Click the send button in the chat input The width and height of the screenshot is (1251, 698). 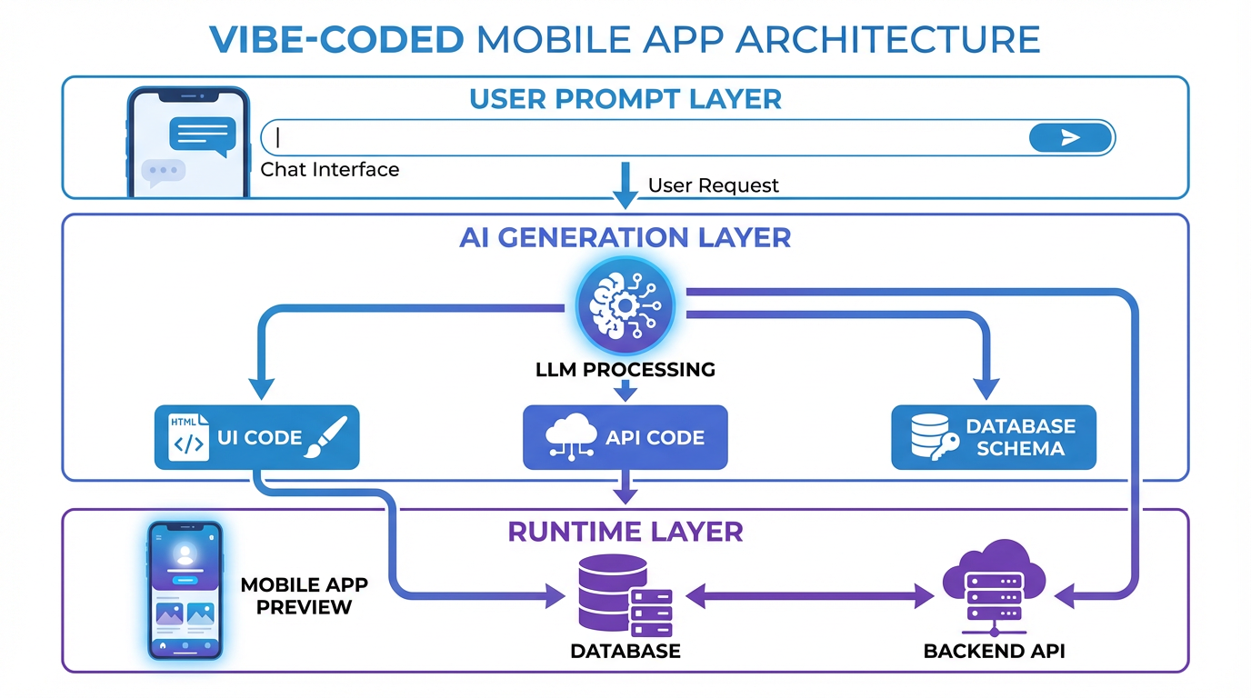(1070, 137)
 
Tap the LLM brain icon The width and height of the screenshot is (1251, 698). (625, 306)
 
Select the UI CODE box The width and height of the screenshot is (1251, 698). (257, 437)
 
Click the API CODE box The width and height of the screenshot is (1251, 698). (625, 437)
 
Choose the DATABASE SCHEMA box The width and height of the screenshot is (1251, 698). (993, 437)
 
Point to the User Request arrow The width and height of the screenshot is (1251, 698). (625, 184)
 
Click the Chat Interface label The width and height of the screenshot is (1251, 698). (329, 170)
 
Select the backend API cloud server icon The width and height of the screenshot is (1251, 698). (994, 588)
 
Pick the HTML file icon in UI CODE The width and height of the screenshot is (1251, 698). (188, 437)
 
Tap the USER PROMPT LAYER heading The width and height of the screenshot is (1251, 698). (625, 99)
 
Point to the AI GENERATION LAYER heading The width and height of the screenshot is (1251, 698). (625, 237)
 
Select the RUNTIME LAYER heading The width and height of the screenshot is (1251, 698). (625, 532)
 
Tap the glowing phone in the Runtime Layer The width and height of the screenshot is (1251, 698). (185, 589)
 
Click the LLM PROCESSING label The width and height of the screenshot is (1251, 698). (625, 370)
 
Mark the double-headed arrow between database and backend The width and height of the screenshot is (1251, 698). (809, 597)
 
